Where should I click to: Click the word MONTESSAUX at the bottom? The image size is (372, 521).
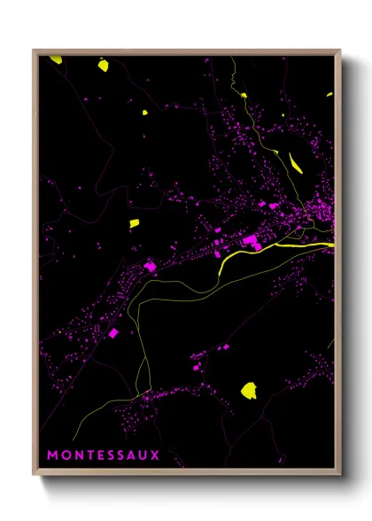point(104,455)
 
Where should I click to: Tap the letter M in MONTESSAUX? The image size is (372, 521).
point(52,455)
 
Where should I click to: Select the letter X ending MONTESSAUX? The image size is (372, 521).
point(156,455)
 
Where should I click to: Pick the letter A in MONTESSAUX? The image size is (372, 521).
point(132,455)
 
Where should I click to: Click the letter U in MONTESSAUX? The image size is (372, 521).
point(143,455)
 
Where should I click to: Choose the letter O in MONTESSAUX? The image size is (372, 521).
point(65,455)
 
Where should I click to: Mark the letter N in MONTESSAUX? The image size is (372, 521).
point(77,455)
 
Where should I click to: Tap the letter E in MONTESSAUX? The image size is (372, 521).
point(99,455)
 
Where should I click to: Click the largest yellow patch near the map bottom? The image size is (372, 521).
point(249,390)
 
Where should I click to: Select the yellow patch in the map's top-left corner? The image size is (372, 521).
point(56,59)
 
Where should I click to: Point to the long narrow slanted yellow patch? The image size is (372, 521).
point(296,162)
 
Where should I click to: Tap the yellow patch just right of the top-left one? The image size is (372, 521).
point(103,65)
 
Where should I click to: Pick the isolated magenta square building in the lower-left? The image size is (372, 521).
point(113,332)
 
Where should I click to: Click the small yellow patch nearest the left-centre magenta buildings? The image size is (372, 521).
point(134,223)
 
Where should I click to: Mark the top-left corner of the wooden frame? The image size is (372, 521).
point(35,51)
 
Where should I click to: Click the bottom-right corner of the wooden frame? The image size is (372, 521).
point(341,476)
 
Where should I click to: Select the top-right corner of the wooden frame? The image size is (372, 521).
point(341,51)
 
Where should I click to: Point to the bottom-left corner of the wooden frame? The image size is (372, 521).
point(35,476)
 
